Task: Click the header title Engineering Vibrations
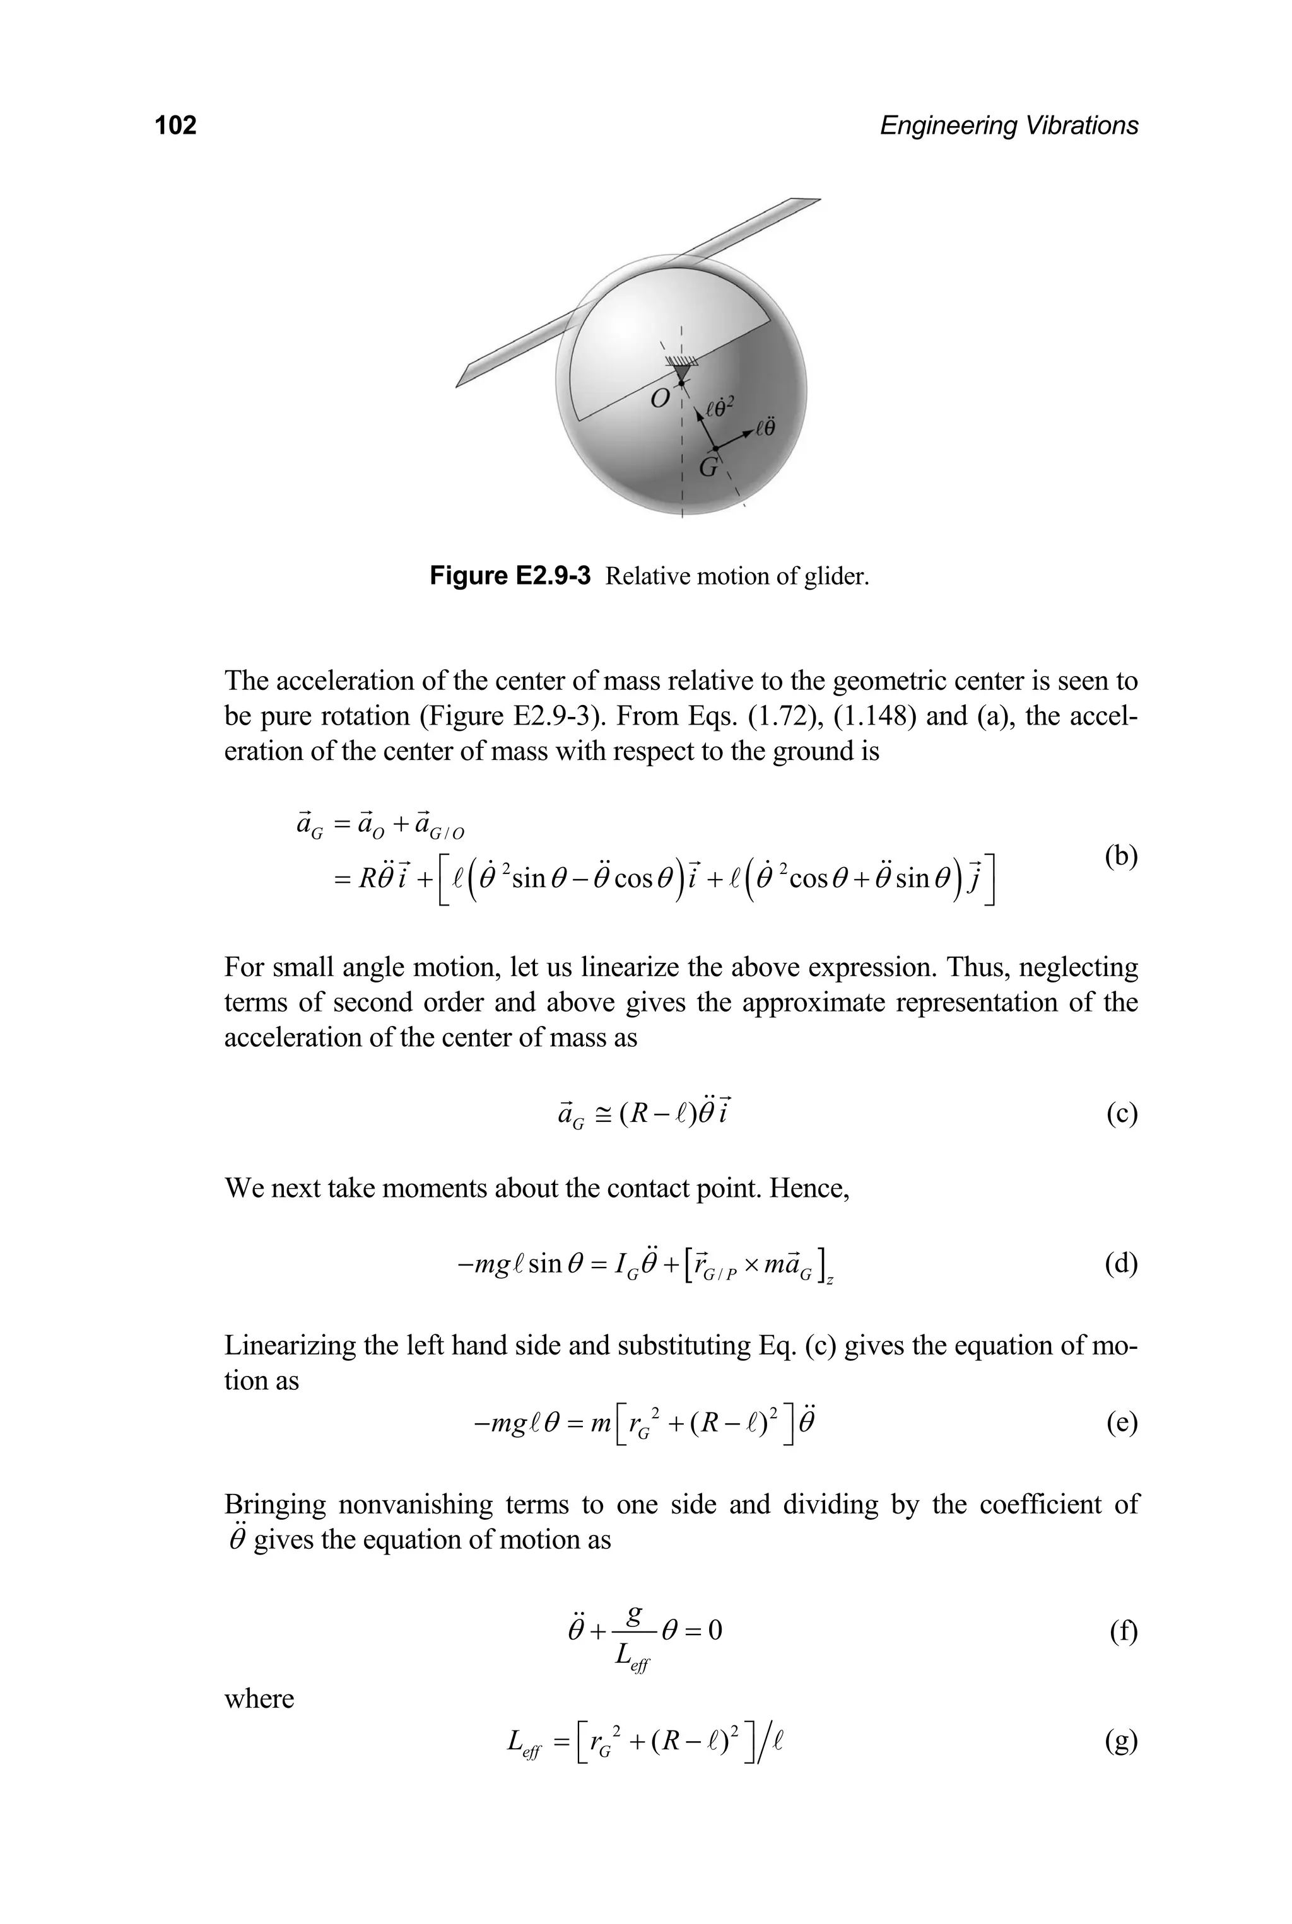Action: click(x=1009, y=125)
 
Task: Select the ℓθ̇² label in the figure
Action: click(x=719, y=407)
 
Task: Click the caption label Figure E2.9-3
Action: click(x=510, y=576)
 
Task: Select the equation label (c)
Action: click(x=1122, y=1114)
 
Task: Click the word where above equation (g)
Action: click(x=259, y=1698)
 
